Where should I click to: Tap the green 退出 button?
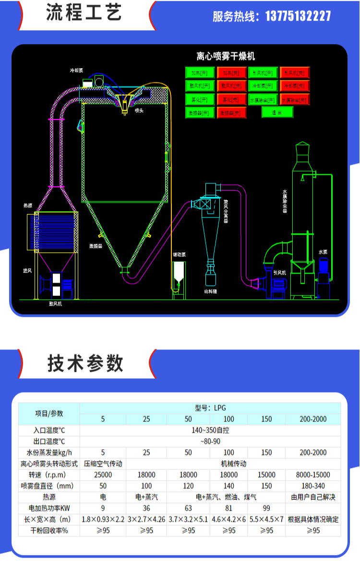point(277,112)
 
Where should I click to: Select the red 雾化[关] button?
point(231,99)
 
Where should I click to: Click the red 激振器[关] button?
point(231,113)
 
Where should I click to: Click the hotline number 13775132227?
point(298,16)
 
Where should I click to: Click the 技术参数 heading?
point(85,363)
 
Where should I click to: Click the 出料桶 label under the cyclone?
point(211,291)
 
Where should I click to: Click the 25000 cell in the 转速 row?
point(103,474)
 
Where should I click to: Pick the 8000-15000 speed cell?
point(313,474)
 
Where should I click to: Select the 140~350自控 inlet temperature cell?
point(210,430)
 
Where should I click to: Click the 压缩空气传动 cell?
point(103,464)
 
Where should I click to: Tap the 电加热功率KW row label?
point(49,508)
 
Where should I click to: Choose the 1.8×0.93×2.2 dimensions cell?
point(103,519)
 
